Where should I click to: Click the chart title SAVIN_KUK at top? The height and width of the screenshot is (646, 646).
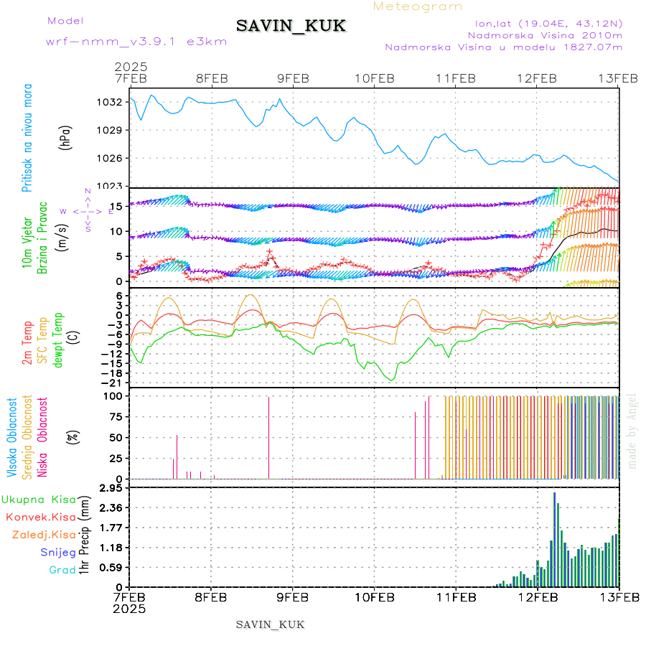coord(291,27)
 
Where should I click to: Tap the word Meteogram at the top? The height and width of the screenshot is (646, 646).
coord(418,6)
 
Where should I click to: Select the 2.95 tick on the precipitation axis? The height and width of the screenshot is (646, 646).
coord(113,488)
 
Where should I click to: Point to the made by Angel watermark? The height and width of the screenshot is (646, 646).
coord(632,431)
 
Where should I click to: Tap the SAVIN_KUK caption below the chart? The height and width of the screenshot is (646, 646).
coord(270,624)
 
